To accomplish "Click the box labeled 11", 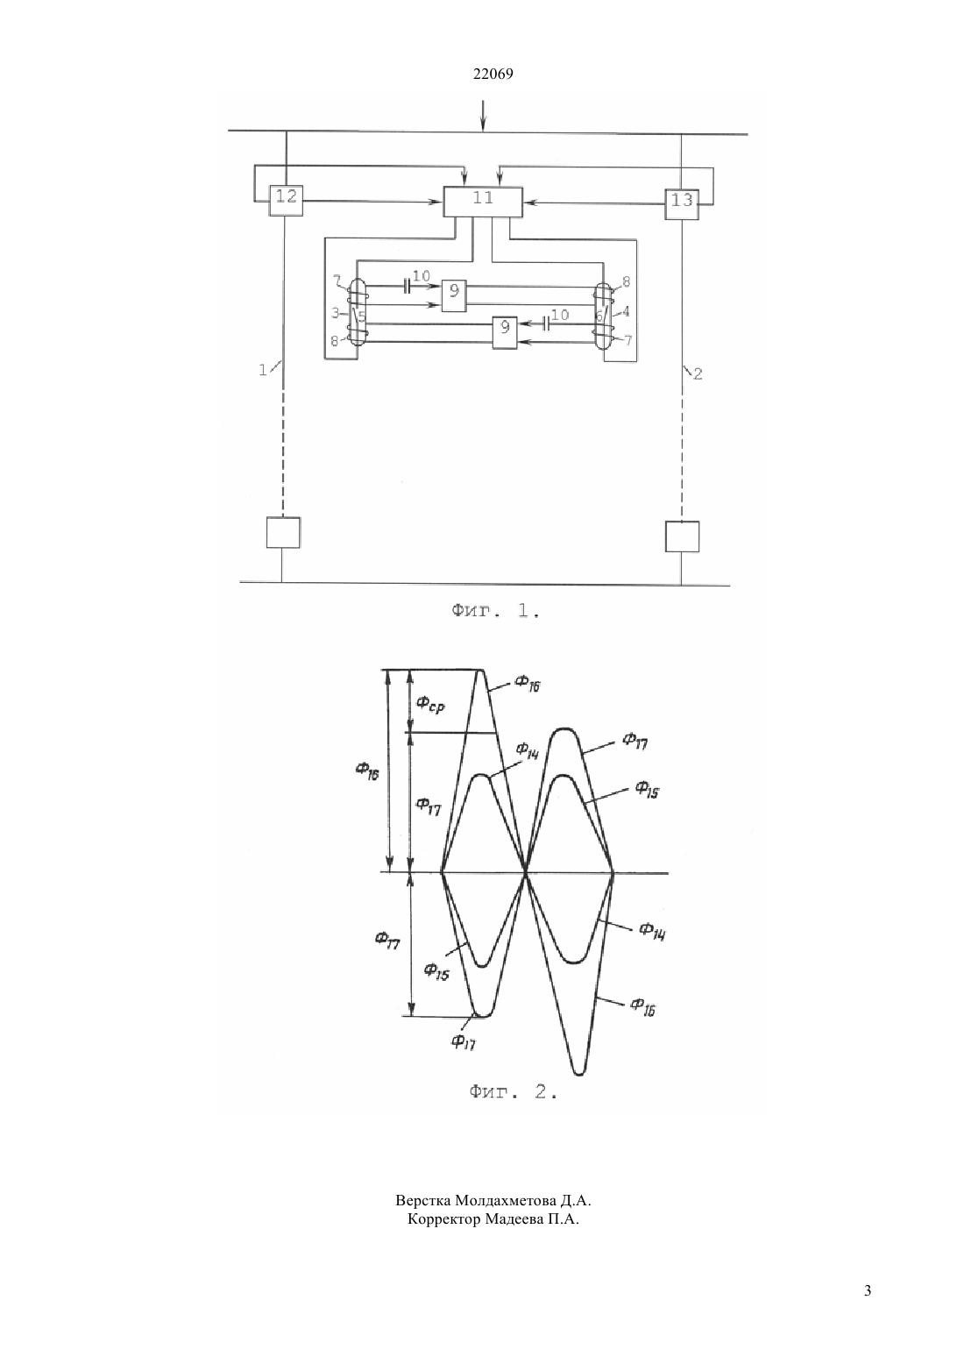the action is [483, 202].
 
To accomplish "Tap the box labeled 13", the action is [682, 203].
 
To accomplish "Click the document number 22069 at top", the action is [493, 75].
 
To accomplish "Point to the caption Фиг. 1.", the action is [495, 611].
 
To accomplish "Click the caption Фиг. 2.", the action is [513, 1091].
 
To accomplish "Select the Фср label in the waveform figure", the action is [430, 705].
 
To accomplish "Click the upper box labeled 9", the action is [454, 295].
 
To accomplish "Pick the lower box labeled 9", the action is [505, 332].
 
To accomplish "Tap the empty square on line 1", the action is [283, 533].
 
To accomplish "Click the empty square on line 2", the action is [682, 536].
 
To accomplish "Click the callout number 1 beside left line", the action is [263, 370].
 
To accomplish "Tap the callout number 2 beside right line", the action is [698, 374].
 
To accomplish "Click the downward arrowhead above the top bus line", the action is [483, 126].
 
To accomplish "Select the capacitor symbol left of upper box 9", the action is [407, 286].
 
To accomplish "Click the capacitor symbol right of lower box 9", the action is [544, 323].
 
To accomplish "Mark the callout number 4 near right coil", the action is [626, 312].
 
